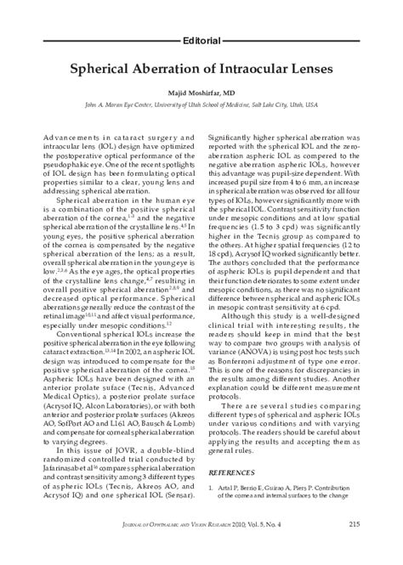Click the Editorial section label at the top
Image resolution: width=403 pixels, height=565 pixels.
coord(202,40)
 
